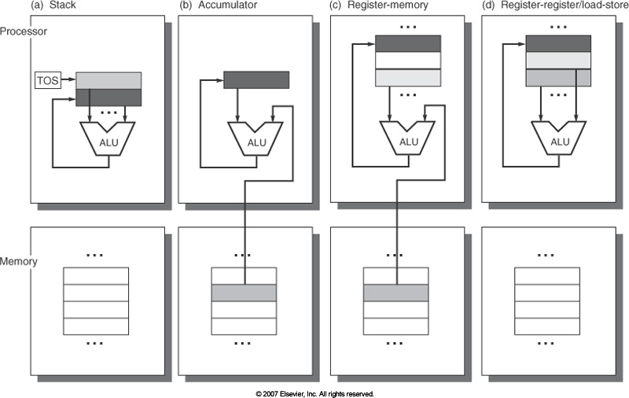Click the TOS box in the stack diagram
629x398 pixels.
[x=48, y=79]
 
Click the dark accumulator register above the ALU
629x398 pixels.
[x=256, y=79]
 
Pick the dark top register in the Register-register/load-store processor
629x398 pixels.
[x=558, y=43]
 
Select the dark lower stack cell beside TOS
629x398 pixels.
[x=109, y=97]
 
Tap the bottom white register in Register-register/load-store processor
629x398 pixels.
[x=558, y=78]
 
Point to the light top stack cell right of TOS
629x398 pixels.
[x=109, y=80]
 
